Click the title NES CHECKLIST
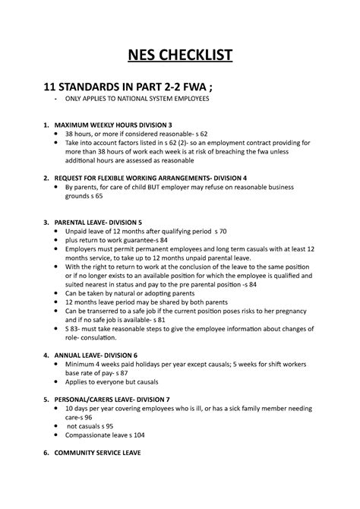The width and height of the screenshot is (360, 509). point(179,55)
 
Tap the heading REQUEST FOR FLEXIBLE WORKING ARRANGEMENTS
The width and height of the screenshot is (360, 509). point(160,178)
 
